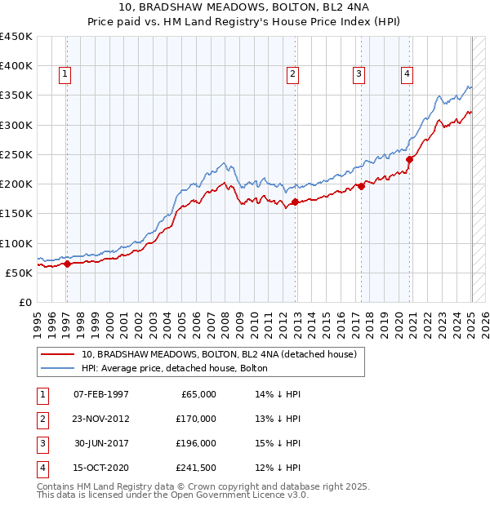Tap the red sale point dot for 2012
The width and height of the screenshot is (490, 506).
(x=296, y=202)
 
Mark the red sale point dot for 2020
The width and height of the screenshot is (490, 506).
(x=409, y=160)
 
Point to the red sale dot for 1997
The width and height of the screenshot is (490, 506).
(x=68, y=264)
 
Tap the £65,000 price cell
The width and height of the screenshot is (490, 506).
(x=196, y=393)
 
